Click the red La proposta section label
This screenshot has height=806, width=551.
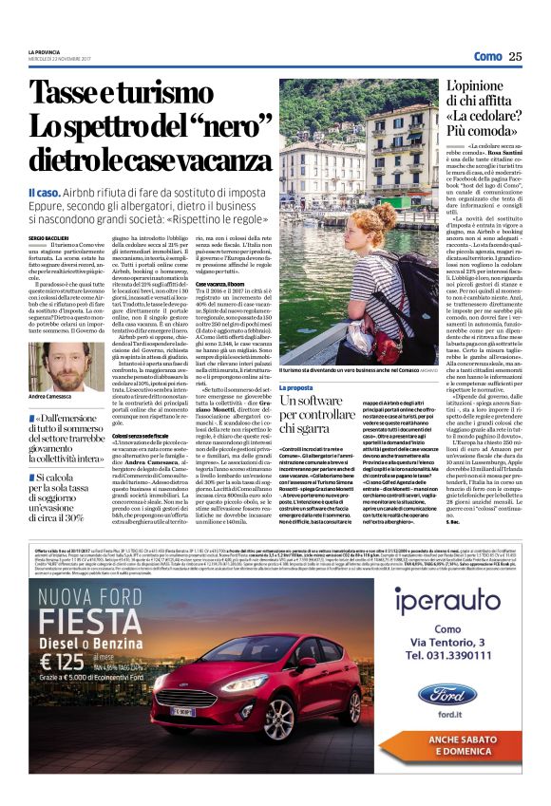(296, 388)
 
